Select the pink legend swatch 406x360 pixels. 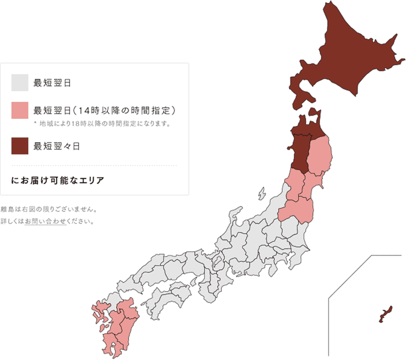[x=20, y=110]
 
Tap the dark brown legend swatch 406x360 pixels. [x=20, y=145]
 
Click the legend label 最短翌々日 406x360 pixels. [x=57, y=145]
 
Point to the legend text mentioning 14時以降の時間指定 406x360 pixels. [x=104, y=110]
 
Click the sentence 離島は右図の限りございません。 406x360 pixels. [x=49, y=210]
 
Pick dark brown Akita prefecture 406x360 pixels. [x=299, y=154]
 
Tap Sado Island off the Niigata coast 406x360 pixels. [x=261, y=195]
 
